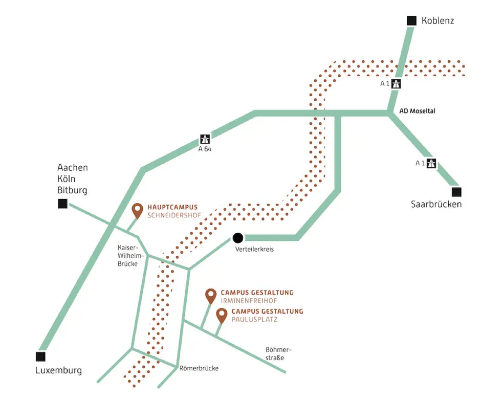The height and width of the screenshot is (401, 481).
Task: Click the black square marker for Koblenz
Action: (412, 20)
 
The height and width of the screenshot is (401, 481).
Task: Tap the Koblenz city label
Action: (438, 21)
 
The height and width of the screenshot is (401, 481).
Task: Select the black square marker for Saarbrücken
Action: (456, 192)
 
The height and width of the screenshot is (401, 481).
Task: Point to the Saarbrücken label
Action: (436, 204)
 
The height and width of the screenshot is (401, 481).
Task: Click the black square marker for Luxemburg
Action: (40, 357)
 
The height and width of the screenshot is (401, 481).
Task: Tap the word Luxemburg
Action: (59, 371)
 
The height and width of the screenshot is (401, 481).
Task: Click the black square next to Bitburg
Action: (62, 204)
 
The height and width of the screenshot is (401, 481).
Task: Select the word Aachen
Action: (73, 168)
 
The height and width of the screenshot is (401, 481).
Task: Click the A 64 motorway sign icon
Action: (205, 139)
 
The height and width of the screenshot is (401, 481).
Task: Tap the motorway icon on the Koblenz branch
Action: (396, 84)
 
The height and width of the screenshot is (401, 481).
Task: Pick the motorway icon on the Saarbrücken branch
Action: (431, 164)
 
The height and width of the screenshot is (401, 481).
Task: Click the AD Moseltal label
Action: (417, 111)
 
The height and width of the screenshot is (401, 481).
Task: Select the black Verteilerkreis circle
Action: (238, 237)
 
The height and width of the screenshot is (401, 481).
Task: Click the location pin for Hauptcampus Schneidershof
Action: (137, 210)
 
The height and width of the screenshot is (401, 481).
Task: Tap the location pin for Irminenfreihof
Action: (210, 295)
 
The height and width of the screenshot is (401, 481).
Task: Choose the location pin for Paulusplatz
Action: (222, 315)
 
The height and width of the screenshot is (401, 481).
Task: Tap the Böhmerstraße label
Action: (278, 353)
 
